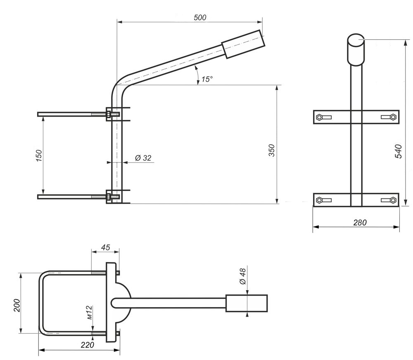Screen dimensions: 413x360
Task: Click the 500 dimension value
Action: [200, 18]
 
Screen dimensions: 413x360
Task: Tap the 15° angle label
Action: [207, 79]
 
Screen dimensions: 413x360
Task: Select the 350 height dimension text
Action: [272, 150]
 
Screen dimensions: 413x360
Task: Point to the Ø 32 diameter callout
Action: [143, 158]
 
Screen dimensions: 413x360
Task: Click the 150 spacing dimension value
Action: [39, 156]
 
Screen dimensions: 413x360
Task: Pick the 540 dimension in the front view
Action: [399, 151]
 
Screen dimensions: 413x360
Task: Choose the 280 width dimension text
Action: [360, 223]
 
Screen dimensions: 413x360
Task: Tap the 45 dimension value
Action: [105, 247]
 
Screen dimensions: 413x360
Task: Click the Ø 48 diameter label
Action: [242, 276]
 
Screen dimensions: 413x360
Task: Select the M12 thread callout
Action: [89, 312]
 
